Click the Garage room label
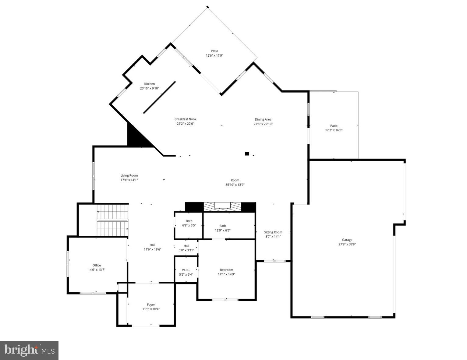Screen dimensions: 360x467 (347, 240)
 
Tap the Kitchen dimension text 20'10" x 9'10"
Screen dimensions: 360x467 (149, 88)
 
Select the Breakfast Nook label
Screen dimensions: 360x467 (185, 119)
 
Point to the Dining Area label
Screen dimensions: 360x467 (263, 119)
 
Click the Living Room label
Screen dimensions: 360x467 (129, 175)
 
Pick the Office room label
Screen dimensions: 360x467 (97, 265)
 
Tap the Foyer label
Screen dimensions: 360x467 (151, 305)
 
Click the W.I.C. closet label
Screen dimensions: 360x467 (186, 270)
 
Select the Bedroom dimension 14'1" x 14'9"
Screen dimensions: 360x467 (226, 274)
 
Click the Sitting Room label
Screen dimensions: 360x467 (273, 232)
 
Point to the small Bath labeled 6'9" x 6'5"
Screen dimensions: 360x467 (189, 223)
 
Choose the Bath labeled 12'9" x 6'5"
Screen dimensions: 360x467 (223, 228)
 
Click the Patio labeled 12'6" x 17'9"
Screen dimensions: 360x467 (214, 53)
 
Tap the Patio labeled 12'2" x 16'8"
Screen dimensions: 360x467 (334, 128)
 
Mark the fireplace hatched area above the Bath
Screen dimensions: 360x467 (221, 207)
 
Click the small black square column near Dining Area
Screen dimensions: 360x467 (247, 154)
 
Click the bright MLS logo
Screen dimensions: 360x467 (29, 350)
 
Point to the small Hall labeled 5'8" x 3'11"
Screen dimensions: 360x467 (186, 248)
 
